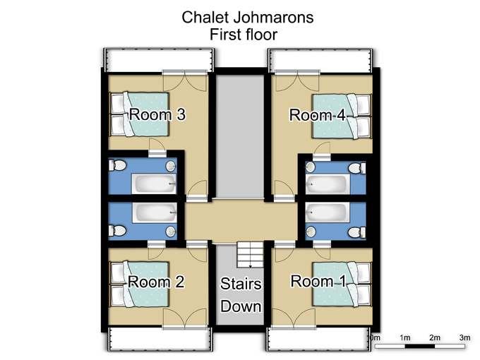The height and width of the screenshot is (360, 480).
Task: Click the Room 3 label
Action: point(157,114)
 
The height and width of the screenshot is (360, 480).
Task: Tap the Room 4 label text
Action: point(318,115)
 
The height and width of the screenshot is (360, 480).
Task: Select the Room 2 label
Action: point(156,282)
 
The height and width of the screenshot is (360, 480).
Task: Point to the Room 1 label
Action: point(318,281)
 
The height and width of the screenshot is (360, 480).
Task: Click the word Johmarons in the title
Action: point(273,17)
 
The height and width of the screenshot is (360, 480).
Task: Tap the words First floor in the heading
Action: point(244,35)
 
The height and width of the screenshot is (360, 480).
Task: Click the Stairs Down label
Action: point(241,295)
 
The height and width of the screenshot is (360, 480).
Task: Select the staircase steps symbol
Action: point(250,255)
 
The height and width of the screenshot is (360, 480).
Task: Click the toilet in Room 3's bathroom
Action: point(118,165)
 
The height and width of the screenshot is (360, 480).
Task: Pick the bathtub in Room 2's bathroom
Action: point(155,212)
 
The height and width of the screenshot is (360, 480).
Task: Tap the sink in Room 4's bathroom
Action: point(311,167)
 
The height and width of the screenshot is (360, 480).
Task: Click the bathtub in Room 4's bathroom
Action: point(328,184)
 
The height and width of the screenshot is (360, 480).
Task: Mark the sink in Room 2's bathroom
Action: point(171,232)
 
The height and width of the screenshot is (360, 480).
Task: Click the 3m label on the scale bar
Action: point(464,337)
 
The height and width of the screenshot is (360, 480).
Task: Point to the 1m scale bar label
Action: point(404,337)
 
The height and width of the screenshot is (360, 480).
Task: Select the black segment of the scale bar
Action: point(420,346)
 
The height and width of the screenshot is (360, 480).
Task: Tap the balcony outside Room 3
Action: point(159,60)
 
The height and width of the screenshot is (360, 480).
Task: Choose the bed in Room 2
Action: point(140,284)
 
